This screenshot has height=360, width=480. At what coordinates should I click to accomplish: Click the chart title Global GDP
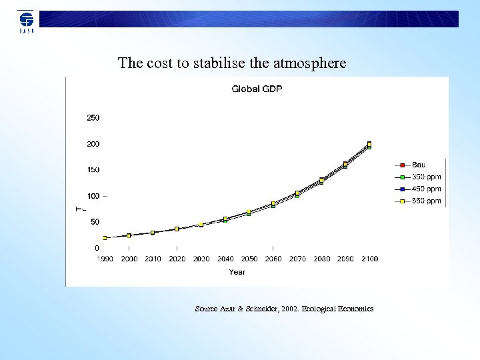click(257, 89)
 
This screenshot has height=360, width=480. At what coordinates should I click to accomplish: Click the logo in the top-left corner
click(26, 21)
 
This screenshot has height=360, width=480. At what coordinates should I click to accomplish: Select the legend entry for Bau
click(418, 165)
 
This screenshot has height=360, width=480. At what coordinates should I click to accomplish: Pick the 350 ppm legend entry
click(425, 177)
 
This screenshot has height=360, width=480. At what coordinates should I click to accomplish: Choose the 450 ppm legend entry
click(425, 189)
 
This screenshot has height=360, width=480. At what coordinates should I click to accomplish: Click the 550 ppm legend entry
click(425, 201)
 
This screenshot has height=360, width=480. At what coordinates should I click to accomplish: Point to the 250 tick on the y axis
click(93, 118)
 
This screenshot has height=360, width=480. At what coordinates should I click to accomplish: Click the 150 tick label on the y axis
click(93, 170)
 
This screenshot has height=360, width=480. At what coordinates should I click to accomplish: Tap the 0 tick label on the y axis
click(97, 248)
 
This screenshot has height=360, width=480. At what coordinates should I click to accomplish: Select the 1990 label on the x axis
click(105, 259)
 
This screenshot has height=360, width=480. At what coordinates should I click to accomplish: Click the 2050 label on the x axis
click(249, 259)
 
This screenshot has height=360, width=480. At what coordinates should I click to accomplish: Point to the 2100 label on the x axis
click(369, 259)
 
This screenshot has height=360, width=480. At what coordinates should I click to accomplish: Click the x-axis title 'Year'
click(237, 272)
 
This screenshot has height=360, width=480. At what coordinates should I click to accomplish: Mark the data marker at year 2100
click(369, 144)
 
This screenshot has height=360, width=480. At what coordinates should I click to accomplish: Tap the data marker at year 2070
click(297, 193)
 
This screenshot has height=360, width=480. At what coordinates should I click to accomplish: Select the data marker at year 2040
click(225, 219)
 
